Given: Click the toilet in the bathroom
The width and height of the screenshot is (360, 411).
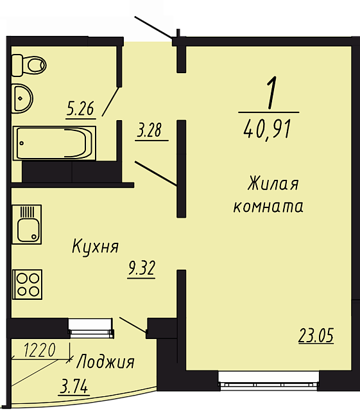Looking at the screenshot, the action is click(x=29, y=66).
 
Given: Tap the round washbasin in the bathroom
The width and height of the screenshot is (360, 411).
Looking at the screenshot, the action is click(x=22, y=98).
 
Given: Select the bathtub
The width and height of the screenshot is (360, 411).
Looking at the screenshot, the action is click(x=55, y=143).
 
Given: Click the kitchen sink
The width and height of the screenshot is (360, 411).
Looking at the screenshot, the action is click(x=27, y=224).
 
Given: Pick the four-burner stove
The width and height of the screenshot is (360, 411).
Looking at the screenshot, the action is click(x=27, y=284).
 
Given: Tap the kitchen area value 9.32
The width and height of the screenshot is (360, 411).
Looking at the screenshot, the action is click(x=141, y=268).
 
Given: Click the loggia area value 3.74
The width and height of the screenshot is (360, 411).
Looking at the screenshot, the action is click(x=74, y=387).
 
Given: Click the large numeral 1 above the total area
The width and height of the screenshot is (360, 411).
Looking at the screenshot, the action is click(x=271, y=92).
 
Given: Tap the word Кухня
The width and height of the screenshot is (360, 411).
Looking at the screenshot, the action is click(x=96, y=246).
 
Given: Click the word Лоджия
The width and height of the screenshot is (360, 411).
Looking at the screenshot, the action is click(x=106, y=362).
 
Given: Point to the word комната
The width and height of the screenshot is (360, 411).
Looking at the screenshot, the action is click(x=268, y=207).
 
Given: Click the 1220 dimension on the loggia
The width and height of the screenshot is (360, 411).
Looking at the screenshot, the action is click(x=39, y=350).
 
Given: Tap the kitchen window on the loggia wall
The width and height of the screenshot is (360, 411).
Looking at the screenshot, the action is click(x=91, y=328).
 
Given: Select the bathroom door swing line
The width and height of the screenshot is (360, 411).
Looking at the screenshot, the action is click(x=110, y=101).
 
